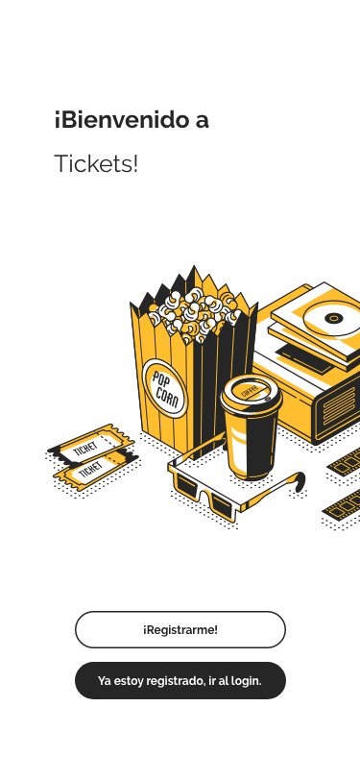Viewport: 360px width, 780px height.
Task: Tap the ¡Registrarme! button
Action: [180, 629]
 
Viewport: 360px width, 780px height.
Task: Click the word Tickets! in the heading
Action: [96, 163]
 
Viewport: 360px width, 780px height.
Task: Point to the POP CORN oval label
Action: [164, 387]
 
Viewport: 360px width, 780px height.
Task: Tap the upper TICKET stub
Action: [91, 444]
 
